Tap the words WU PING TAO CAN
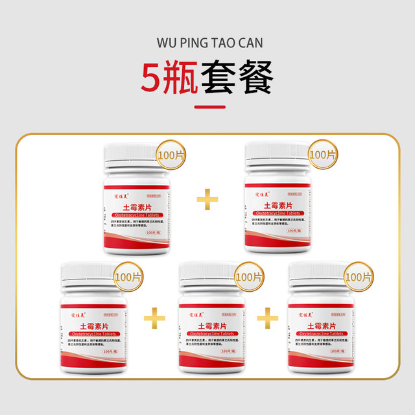click(207, 40)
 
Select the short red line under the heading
click(207, 107)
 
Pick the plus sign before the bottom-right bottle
click(267, 316)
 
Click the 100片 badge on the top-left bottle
click(171, 156)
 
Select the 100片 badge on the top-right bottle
click(322, 156)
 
